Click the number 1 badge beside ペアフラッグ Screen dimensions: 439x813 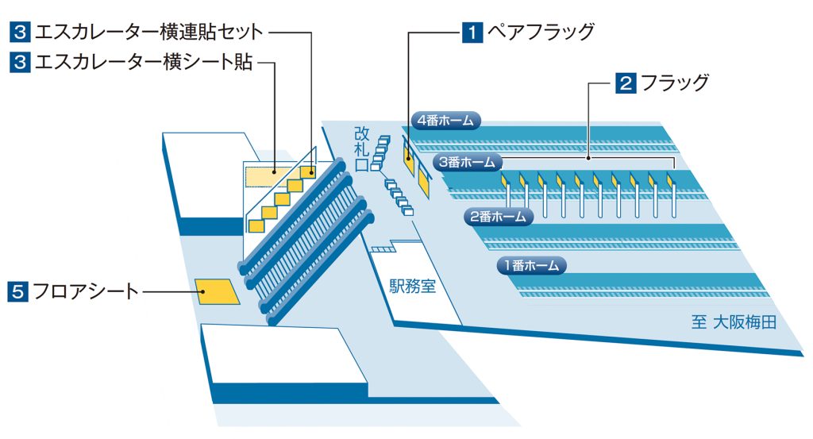click(472, 33)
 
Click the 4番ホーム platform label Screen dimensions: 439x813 click(447, 121)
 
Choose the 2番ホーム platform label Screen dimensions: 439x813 click(498, 216)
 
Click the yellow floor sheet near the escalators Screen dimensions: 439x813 click(218, 292)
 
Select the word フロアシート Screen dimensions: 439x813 click(86, 291)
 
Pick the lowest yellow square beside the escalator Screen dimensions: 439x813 click(256, 225)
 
